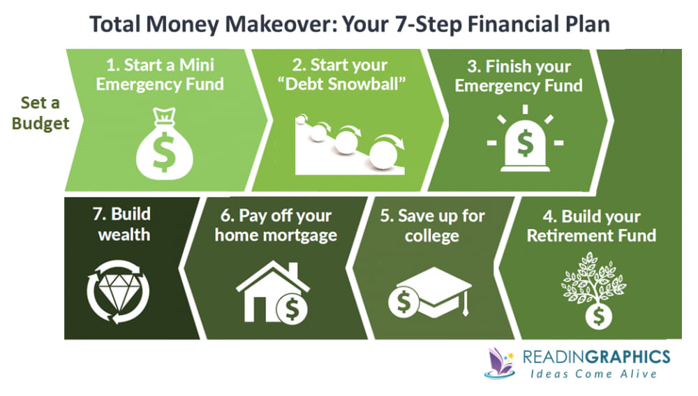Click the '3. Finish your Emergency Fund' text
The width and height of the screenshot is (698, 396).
(x=524, y=77)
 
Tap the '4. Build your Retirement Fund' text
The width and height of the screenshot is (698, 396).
(x=591, y=225)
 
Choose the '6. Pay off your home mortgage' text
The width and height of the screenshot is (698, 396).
(x=275, y=225)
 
